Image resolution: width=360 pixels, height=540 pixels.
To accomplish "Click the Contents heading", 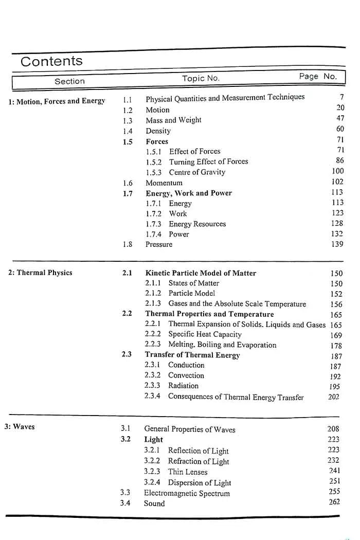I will (x=51, y=61).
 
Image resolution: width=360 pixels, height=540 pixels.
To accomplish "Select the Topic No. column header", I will (x=201, y=78).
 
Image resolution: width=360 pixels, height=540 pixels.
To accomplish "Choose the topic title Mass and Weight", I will (x=173, y=120).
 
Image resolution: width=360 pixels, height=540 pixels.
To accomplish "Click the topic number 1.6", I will (x=128, y=183).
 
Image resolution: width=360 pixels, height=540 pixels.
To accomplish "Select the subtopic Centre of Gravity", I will (x=197, y=172).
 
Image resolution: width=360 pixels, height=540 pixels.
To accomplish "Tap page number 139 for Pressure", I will (x=337, y=244).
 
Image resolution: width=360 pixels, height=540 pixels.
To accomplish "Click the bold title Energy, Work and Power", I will (x=189, y=193).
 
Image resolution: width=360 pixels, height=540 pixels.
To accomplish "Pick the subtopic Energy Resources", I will (x=197, y=224).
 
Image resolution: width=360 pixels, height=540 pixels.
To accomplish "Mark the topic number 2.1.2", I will (x=153, y=293).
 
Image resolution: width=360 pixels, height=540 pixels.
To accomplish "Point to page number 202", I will (x=334, y=397).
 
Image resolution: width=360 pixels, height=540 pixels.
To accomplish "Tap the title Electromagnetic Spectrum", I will (x=187, y=493).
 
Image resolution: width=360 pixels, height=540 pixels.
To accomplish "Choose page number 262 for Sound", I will (x=334, y=501).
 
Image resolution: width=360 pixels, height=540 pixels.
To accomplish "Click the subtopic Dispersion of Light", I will (x=200, y=482).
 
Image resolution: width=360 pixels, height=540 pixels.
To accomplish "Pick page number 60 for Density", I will (x=340, y=129).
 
